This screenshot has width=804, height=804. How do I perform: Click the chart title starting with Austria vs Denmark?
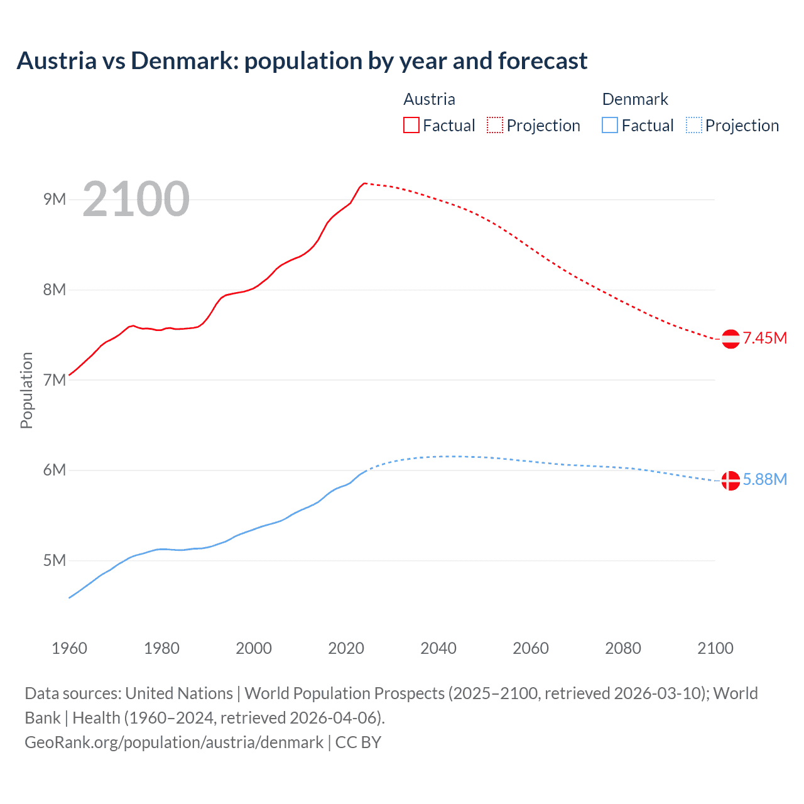click(301, 61)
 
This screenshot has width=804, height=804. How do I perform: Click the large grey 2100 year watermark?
click(136, 199)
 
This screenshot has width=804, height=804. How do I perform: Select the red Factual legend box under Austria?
click(411, 125)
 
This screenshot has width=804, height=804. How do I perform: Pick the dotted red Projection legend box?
click(495, 125)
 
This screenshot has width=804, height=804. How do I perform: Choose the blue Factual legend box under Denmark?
click(609, 125)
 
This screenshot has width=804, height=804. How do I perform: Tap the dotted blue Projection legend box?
click(693, 125)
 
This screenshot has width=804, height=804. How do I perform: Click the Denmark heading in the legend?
click(635, 99)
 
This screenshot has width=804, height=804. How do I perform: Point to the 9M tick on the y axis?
click(55, 200)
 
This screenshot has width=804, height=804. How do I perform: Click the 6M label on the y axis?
click(55, 470)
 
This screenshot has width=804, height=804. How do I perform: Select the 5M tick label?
click(55, 560)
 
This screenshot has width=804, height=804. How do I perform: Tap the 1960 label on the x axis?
click(69, 648)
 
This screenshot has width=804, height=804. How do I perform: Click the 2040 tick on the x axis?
click(438, 648)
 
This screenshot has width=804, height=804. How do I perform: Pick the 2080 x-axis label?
click(623, 648)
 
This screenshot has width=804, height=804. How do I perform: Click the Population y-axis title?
click(26, 390)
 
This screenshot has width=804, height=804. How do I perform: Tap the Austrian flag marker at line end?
click(730, 339)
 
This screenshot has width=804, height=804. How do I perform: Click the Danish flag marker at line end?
click(730, 481)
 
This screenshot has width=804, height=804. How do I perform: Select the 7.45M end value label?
click(765, 338)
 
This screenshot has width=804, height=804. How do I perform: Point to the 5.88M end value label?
click(765, 479)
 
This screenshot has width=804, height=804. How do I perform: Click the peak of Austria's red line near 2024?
click(365, 183)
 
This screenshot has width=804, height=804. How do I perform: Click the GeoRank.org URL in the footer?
click(174, 742)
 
